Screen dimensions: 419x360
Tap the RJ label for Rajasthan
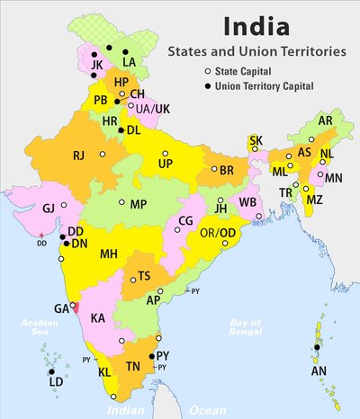[79, 156]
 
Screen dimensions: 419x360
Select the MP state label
[138, 205]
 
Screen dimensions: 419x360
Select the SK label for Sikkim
[256, 141]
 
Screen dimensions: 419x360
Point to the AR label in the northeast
[326, 120]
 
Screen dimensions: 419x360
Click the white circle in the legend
[208, 71]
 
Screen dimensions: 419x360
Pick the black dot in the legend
[208, 85]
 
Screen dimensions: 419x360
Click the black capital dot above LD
[51, 372]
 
